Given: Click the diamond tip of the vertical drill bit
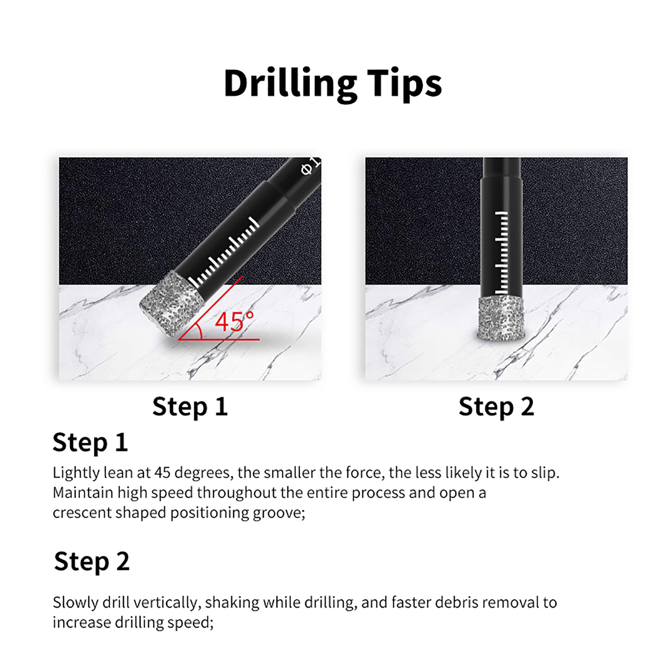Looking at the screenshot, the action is [x=501, y=318].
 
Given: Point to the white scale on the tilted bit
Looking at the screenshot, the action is [x=224, y=252].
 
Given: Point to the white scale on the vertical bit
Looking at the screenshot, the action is [x=501, y=252].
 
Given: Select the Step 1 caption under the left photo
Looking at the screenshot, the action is [x=190, y=407].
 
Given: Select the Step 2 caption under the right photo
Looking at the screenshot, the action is [x=496, y=407].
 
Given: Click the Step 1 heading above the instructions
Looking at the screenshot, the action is [x=90, y=442].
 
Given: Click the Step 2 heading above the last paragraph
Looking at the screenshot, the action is [x=92, y=562].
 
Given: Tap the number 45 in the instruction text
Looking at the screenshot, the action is [x=162, y=472].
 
